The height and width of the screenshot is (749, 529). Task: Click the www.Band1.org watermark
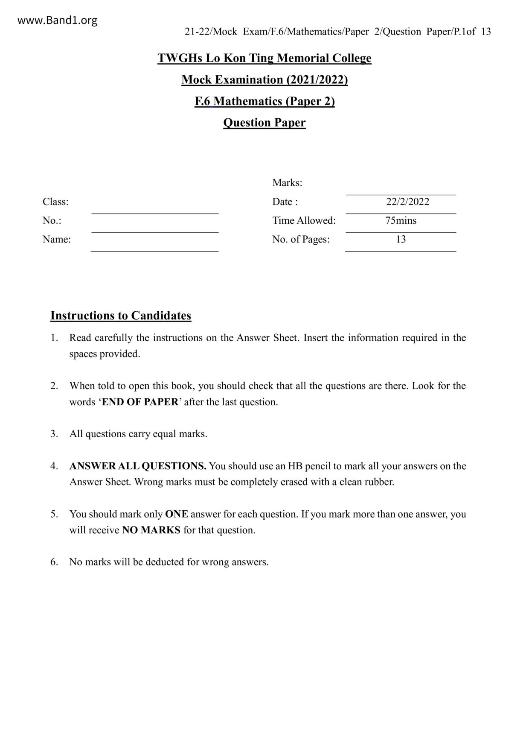[x=58, y=20]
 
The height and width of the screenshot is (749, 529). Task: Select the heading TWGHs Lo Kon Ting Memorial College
[x=264, y=58]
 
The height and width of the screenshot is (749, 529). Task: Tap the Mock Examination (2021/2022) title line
[x=264, y=80]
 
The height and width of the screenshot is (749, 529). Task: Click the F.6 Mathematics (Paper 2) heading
[x=264, y=101]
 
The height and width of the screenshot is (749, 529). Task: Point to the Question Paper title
[x=264, y=123]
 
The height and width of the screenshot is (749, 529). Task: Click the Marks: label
[x=287, y=183]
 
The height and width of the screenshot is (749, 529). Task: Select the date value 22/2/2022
[x=407, y=202]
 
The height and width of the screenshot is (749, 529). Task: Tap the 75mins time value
[x=401, y=220]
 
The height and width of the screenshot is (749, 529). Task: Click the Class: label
[x=55, y=202]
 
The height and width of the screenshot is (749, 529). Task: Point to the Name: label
[x=57, y=239]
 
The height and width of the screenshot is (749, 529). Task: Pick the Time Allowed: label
[x=304, y=220]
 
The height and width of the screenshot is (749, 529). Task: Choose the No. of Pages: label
[x=301, y=239]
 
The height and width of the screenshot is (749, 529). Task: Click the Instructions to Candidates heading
[x=121, y=316]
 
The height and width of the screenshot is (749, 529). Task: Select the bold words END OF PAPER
[x=140, y=402]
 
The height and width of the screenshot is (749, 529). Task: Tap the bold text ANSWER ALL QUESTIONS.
[x=138, y=466]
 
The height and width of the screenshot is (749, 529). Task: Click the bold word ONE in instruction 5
[x=177, y=514]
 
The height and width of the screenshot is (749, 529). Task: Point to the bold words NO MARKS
[x=151, y=530]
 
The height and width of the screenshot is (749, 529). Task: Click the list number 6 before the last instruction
[x=54, y=562]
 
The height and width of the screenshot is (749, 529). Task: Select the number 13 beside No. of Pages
[x=401, y=239]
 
